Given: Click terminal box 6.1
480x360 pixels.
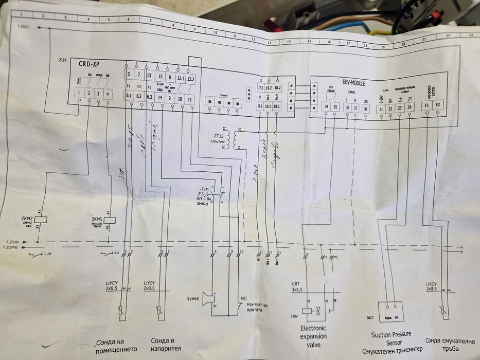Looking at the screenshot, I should coord(129,96).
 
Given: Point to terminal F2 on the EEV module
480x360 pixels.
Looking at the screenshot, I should coord(438,105).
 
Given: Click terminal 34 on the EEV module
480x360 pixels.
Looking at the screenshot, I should coord(326,107).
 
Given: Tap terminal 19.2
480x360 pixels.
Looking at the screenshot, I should coord(269,88).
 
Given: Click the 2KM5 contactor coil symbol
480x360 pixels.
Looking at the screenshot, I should coord(110,219).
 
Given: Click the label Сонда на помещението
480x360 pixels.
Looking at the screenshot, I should coord(116,345).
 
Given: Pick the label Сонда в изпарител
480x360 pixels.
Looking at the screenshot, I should coord(165,344).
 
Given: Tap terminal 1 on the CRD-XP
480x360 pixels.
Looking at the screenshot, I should coord(78,93).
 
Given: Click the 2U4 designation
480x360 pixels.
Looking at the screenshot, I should coord(63,60).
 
